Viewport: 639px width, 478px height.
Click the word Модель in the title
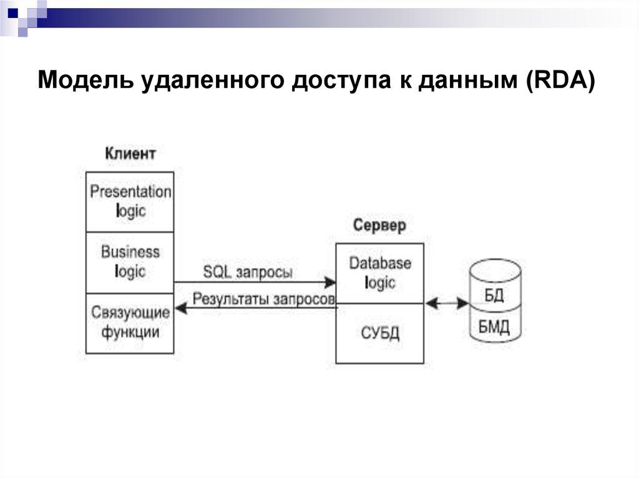click(88, 81)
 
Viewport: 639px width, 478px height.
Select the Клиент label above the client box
click(130, 153)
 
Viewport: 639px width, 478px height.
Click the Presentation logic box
click(130, 201)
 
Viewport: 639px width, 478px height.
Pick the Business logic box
click(130, 262)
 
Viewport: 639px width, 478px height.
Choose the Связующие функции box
click(130, 322)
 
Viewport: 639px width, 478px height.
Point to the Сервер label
click(379, 225)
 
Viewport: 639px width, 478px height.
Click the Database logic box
click(379, 273)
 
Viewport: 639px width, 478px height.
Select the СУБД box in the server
click(379, 333)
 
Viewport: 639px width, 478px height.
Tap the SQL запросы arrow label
click(248, 272)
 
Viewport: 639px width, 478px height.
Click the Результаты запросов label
click(264, 299)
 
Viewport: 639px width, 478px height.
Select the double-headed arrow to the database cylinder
click(447, 304)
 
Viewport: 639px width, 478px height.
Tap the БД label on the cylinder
click(494, 295)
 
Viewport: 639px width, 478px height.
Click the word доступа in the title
click(334, 81)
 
